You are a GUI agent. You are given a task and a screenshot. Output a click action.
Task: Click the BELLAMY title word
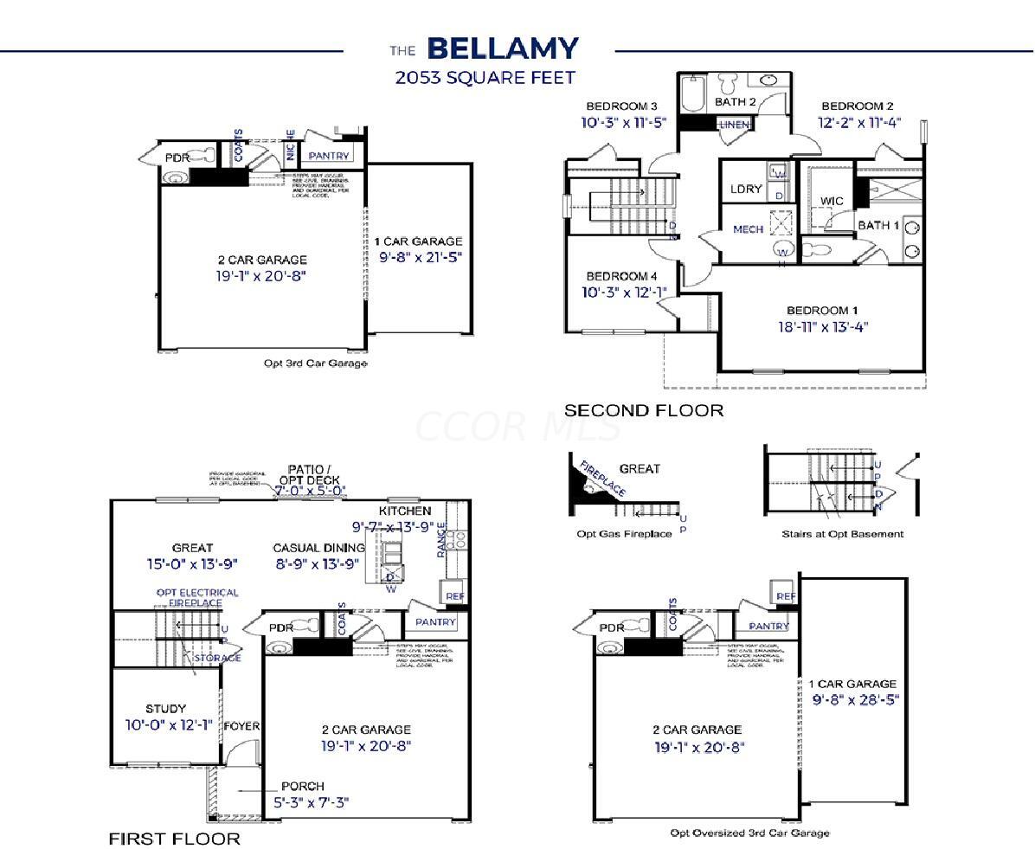[503, 48]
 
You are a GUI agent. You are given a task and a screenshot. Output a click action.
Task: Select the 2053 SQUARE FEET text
[485, 78]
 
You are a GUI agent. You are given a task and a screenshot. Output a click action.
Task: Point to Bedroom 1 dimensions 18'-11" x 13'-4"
[822, 327]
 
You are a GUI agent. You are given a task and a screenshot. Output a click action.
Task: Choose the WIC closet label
[832, 202]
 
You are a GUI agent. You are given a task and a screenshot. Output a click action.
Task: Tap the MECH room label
[749, 229]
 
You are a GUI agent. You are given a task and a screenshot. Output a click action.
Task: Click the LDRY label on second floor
[746, 190]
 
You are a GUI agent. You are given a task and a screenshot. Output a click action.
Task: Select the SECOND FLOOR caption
[643, 410]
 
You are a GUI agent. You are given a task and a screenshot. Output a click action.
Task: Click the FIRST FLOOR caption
[174, 839]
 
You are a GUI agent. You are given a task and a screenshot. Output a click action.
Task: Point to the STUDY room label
[165, 709]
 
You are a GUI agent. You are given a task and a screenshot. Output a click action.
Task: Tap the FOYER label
[241, 726]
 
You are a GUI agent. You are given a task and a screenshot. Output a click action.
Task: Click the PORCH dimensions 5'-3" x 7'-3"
[311, 802]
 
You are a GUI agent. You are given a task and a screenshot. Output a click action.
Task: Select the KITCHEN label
[405, 511]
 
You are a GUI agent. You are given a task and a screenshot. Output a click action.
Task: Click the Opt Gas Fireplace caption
[624, 534]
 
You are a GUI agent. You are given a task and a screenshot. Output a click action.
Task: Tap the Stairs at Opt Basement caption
[842, 534]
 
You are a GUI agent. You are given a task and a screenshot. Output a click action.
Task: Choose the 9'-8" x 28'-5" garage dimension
[855, 699]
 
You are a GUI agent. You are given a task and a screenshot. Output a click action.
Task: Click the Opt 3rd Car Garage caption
[315, 363]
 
